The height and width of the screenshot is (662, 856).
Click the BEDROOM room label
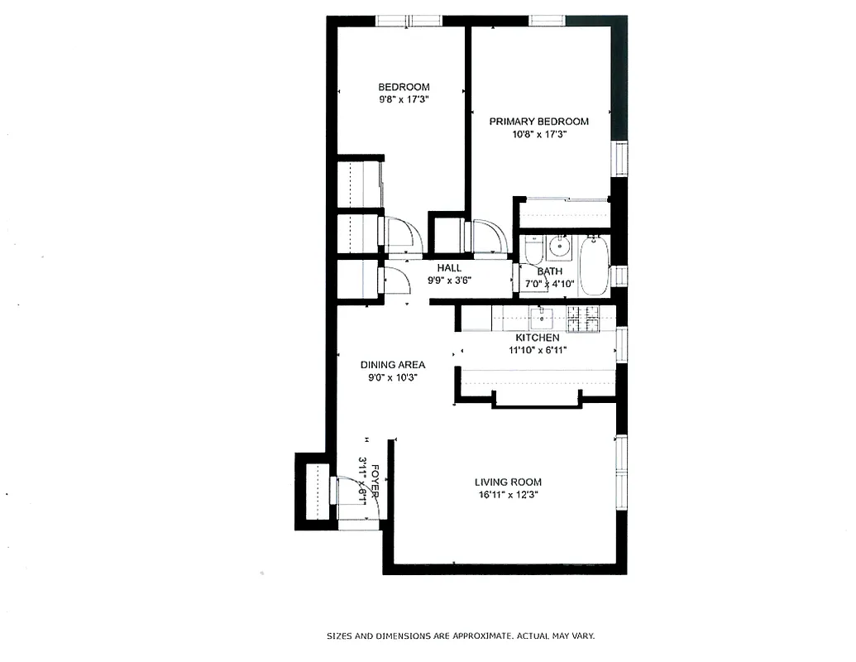404,87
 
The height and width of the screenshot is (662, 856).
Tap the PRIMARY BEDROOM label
538,122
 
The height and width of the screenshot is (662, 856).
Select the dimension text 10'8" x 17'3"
538,134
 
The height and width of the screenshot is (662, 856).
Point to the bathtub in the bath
593,265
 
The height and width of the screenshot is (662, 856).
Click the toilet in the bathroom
533,249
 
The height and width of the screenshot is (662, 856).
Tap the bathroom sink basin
562,245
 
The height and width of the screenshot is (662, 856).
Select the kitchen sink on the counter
543,317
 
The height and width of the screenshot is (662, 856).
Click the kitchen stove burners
583,317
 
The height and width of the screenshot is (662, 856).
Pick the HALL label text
449,267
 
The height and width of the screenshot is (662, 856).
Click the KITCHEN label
538,338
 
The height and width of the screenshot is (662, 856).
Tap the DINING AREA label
393,364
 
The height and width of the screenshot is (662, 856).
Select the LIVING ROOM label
508,482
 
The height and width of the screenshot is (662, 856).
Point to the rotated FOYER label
376,480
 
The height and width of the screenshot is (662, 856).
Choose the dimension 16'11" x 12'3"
508,495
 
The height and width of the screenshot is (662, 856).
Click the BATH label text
550,271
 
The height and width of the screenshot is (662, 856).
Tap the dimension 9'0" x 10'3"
393,377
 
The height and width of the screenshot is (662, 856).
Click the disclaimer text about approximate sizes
460,636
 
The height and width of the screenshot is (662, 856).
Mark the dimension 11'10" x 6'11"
538,350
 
